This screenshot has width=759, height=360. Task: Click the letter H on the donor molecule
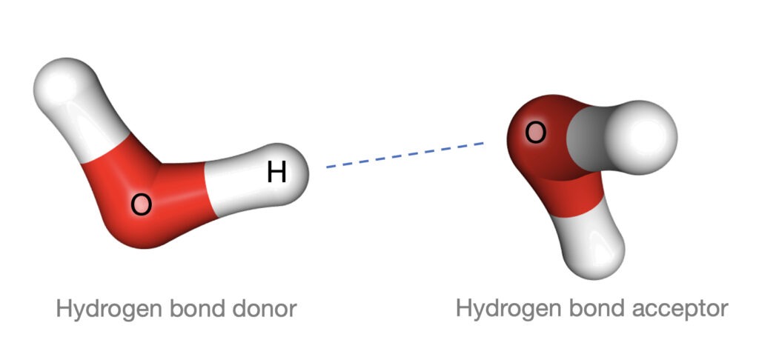tap(276, 173)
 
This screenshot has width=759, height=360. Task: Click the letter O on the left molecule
tap(141, 205)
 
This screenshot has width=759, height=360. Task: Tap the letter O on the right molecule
tap(536, 133)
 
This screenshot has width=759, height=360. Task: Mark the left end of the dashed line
tap(328, 167)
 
